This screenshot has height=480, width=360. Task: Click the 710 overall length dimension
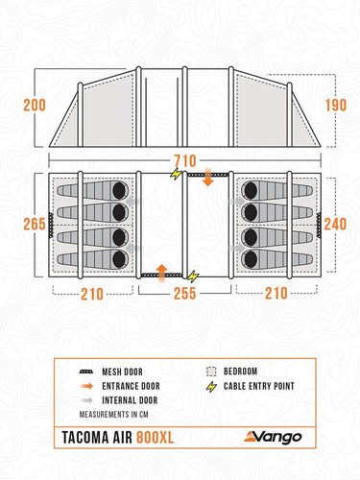[x=184, y=160]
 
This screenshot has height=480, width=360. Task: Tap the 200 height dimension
[x=35, y=106]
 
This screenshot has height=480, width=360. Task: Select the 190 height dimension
[x=336, y=106]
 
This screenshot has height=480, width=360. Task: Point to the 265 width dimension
[x=35, y=224]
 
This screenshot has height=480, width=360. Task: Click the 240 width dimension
[x=335, y=224]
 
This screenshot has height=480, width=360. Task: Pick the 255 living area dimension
[x=184, y=293]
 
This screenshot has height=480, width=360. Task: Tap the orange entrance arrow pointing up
[x=162, y=273]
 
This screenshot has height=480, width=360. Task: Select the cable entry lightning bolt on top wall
[x=176, y=174]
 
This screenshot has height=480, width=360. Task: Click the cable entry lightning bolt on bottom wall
[x=193, y=276]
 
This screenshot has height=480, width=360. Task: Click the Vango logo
[x=273, y=437]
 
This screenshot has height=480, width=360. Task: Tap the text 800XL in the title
[x=156, y=438]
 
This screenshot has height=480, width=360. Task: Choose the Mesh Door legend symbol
[x=86, y=372]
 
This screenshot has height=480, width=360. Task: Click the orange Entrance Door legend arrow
[x=86, y=386]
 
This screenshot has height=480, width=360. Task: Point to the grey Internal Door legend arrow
[x=86, y=400]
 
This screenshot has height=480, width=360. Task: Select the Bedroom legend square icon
[x=211, y=372]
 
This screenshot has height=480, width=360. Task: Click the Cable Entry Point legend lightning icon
[x=211, y=387]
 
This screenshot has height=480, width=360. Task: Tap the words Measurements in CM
[x=114, y=415]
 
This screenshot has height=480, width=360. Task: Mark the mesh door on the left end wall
[x=51, y=225]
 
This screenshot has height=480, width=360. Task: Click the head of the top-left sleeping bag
[x=119, y=191]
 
